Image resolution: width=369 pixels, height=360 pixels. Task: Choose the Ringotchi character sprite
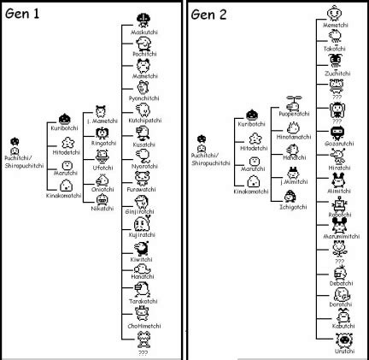[x=102, y=133]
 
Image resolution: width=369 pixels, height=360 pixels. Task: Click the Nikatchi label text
[x=102, y=207]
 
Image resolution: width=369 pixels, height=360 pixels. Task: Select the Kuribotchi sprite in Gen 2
[x=251, y=115]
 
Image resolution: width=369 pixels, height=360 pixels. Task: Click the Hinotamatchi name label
[x=294, y=135]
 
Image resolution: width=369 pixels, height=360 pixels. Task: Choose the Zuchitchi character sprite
[x=334, y=62]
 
